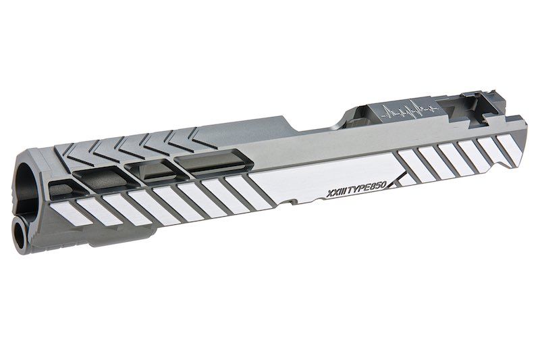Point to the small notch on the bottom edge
coord(292,202)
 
